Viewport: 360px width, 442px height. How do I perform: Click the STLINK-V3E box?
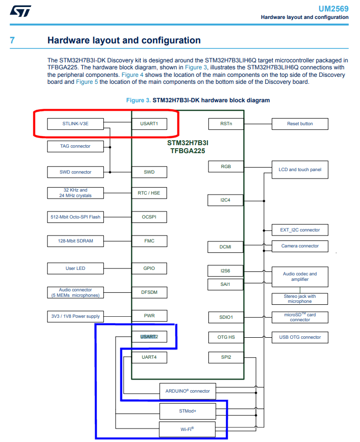tap(76, 124)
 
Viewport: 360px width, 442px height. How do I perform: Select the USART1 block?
tap(149, 124)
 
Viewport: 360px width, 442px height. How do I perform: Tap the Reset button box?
tap(300, 124)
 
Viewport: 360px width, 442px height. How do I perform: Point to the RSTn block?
tap(226, 124)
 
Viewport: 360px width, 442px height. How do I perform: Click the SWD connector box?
tap(76, 172)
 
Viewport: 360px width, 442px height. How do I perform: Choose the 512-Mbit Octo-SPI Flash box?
tap(76, 217)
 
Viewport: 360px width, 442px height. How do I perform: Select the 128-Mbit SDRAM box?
tap(76, 241)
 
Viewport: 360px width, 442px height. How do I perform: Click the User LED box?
tap(76, 268)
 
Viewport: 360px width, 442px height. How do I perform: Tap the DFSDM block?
tap(149, 292)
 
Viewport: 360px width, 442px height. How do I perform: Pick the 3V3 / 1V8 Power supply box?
tap(76, 316)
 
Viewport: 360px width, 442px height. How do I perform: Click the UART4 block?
tap(149, 357)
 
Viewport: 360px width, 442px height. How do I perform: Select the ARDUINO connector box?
tap(187, 391)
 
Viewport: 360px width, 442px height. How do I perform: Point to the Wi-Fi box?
tap(187, 429)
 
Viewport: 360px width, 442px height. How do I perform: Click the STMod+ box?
tap(187, 411)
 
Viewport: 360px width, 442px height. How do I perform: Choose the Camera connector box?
tap(300, 246)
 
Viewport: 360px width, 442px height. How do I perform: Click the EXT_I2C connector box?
tap(300, 230)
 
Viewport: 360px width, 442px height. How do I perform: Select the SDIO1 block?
tap(226, 317)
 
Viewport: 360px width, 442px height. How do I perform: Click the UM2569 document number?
tap(334, 9)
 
